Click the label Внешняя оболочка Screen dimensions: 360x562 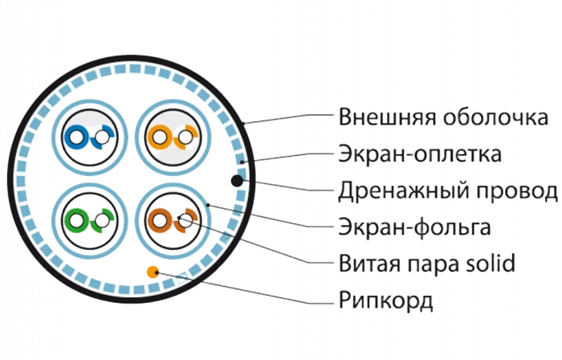coord(442,119)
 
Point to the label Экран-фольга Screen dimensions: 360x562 coord(414,228)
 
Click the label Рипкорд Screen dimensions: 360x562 coord(386,301)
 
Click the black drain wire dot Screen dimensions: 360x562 coord(238,180)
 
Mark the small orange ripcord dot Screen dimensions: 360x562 coord(151,272)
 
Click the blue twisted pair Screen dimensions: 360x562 coord(88,137)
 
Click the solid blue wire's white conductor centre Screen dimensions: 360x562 coord(76,137)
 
